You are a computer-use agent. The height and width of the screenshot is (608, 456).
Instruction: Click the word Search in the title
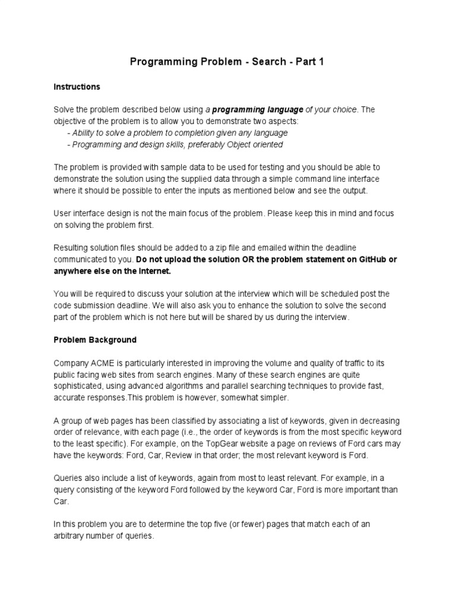pos(267,62)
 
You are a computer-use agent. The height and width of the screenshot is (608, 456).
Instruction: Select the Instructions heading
pos(77,87)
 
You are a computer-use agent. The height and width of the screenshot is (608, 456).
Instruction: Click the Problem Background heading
pos(95,340)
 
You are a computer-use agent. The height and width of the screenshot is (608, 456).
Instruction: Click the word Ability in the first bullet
pos(86,132)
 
